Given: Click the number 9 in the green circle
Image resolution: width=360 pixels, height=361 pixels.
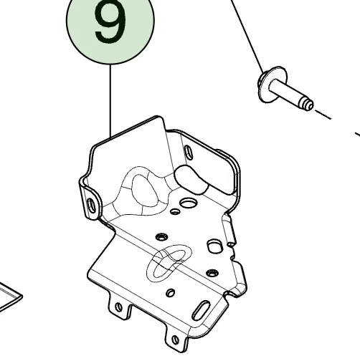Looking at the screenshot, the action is pos(110,22).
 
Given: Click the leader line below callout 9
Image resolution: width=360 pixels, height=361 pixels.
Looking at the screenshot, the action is pos(110,101).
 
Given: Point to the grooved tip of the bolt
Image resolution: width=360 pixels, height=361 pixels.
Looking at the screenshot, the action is pos(308,105).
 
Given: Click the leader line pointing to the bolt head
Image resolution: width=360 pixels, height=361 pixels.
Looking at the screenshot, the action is pos(247,36).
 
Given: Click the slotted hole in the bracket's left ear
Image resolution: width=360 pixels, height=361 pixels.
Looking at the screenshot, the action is pos(92,206).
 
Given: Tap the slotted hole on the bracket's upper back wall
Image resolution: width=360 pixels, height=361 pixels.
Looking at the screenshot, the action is pos(189,152).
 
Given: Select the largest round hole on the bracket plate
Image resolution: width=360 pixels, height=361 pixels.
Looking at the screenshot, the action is pos(189,203).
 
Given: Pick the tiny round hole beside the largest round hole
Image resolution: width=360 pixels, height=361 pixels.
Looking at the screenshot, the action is pos(175,211).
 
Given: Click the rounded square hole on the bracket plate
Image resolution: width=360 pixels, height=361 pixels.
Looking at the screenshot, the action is pos(214,246).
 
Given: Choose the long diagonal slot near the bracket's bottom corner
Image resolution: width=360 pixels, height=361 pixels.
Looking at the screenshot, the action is pos(201,310).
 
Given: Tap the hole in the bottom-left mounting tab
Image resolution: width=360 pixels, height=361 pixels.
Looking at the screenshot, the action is pos(118,307).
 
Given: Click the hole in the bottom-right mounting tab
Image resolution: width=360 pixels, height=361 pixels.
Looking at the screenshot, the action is pos(175,340).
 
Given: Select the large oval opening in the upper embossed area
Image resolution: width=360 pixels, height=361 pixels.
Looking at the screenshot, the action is pos(146,191).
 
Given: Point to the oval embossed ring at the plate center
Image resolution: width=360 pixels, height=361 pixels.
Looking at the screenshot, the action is pos(169,262).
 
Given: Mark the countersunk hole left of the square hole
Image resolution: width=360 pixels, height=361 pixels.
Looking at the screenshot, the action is pos(162,237).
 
